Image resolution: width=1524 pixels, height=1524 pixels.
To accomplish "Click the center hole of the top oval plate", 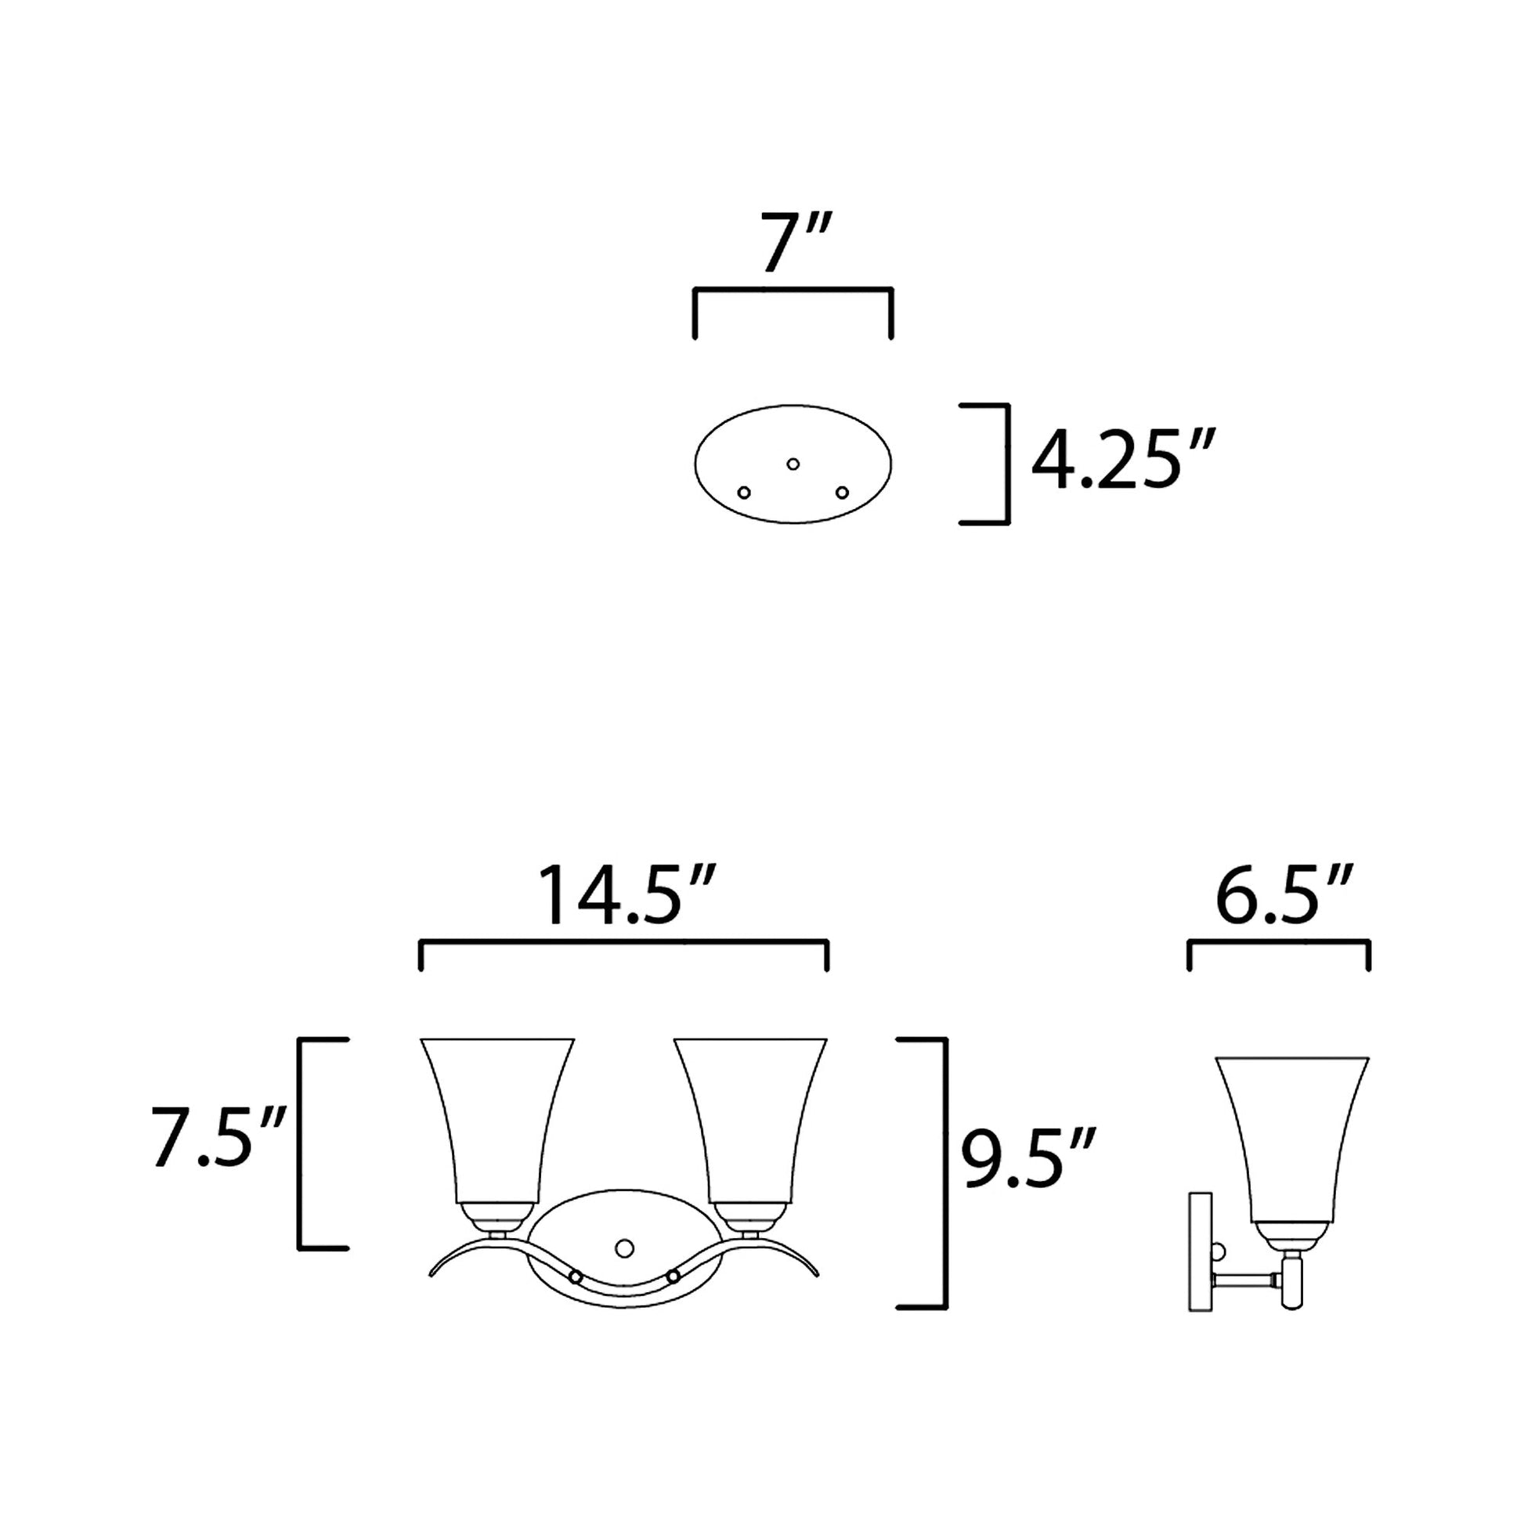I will [793, 464].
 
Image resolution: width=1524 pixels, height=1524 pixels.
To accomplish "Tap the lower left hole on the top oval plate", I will [743, 493].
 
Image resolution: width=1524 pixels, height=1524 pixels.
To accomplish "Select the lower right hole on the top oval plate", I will [843, 493].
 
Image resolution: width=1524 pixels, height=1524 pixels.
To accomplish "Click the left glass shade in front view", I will [497, 1120].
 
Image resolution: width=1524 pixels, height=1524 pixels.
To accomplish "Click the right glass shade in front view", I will [750, 1120].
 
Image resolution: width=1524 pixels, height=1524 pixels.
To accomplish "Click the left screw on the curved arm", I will [576, 1277].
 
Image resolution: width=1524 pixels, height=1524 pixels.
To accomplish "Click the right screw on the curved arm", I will [674, 1275].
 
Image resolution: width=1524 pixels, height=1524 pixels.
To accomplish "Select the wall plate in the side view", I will [1200, 1262].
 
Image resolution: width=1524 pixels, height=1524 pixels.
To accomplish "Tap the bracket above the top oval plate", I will [793, 291].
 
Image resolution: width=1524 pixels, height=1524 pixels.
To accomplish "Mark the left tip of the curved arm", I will [432, 1295].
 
